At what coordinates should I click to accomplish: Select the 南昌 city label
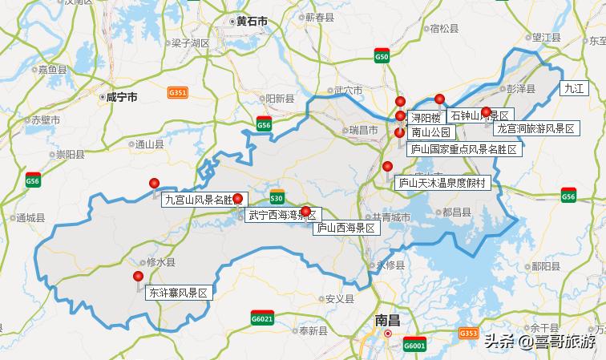point(387,319)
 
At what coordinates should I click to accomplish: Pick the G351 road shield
point(178,93)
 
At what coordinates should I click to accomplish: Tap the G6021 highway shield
point(262,317)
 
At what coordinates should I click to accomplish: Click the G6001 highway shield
point(414,346)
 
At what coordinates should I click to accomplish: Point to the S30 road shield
point(277,197)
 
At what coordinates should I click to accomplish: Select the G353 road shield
point(469,332)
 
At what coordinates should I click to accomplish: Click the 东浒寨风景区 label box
point(177,293)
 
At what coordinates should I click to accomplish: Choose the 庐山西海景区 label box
point(345,228)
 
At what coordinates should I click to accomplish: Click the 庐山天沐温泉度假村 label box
point(442,183)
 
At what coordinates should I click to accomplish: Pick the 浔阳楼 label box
point(425,117)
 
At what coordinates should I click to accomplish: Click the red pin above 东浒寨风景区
point(138,277)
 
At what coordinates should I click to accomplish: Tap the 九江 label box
point(574,89)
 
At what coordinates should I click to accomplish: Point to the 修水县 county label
point(155,262)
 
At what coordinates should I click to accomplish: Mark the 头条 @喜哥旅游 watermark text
point(539,342)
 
